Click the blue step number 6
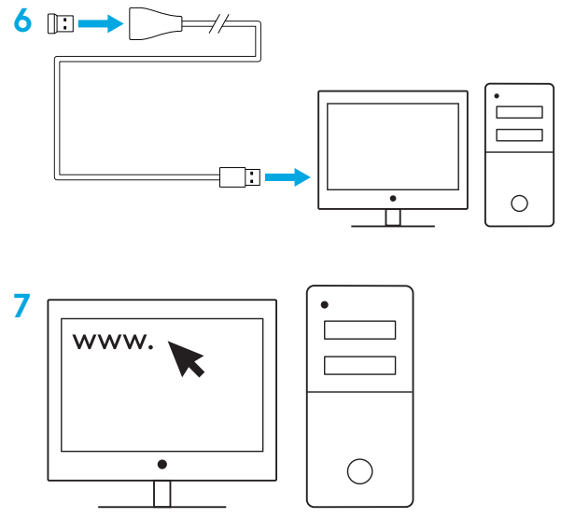(22, 21)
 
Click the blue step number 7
(21, 305)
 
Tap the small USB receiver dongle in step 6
(61, 24)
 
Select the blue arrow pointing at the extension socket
(101, 23)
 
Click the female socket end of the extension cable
(155, 23)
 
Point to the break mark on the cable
(218, 24)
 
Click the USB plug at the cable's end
(240, 177)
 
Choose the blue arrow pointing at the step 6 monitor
(288, 177)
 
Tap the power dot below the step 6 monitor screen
(393, 199)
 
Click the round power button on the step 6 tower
(519, 203)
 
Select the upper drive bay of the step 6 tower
(519, 112)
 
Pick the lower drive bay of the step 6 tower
(519, 134)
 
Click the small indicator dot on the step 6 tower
(497, 96)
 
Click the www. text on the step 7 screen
(113, 342)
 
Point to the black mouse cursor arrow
(186, 358)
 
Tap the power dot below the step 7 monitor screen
(162, 465)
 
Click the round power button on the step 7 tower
(360, 471)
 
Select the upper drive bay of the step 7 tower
(360, 329)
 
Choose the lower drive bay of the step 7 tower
(360, 365)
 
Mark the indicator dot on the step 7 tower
(325, 305)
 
